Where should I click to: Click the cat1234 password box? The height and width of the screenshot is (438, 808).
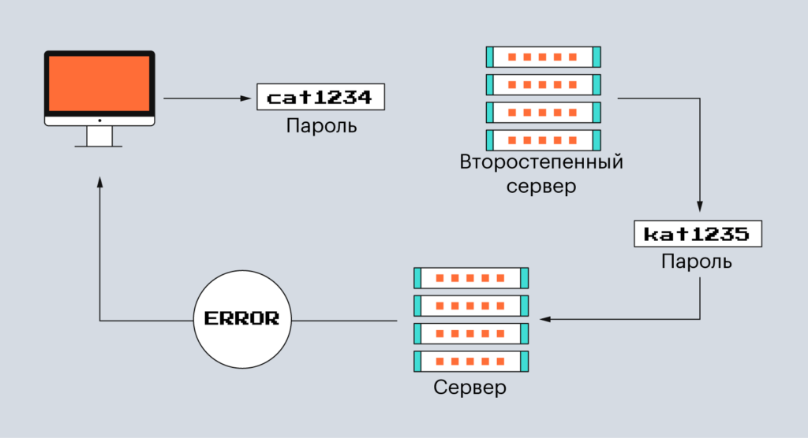pos(320,98)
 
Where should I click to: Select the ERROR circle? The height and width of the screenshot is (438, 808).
pos(242,319)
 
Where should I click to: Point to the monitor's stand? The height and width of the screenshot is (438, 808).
pos(99,137)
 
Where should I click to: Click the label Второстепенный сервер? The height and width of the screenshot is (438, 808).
pos(541,175)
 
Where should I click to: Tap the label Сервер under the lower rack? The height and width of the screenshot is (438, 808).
pos(470,388)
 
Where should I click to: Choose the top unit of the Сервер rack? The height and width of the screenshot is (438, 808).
pos(471,277)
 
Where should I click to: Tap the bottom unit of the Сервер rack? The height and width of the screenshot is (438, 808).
pos(471,362)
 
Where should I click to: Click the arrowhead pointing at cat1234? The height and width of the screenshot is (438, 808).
pos(246,98)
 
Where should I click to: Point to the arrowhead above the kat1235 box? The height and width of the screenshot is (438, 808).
pos(700,206)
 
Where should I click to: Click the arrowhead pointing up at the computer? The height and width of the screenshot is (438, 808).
pos(99,183)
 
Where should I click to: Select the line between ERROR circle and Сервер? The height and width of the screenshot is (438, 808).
pos(343,320)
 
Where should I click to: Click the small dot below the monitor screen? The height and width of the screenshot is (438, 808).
pos(99,121)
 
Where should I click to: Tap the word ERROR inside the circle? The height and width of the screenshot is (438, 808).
pos(242,319)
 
